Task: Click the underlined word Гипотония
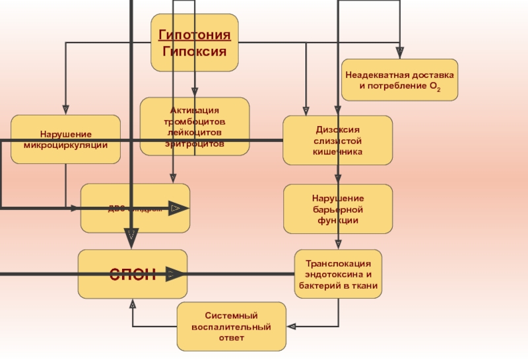coord(195,35)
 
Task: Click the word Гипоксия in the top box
coord(195,51)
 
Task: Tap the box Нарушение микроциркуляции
coord(65,139)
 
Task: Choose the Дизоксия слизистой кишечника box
coord(337,141)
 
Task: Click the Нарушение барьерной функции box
coord(337,209)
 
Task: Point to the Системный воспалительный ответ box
coord(231,326)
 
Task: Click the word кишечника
coord(337,152)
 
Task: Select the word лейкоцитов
coord(195,132)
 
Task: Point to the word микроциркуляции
coord(65,145)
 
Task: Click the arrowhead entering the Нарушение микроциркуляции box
coord(65,110)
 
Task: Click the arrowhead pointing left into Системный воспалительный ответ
coord(291,326)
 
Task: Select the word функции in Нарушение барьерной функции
coord(337,220)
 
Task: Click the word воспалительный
coord(231,327)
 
